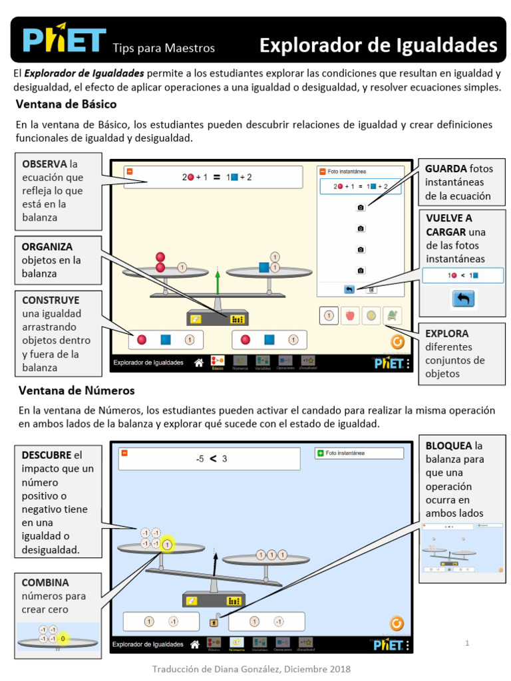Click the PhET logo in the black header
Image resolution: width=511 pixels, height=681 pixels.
point(64,40)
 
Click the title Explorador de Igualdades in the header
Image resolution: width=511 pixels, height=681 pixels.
point(378,45)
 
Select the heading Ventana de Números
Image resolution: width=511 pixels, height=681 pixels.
point(77,390)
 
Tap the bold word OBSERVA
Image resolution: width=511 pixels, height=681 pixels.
point(45,164)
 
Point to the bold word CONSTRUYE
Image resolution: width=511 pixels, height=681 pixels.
point(51,300)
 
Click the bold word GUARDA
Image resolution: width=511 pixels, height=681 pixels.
point(446,168)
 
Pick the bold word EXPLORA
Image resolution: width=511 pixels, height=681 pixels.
point(446,333)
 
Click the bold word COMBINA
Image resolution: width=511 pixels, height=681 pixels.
point(45,582)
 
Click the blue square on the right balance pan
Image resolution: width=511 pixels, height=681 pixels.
point(264,267)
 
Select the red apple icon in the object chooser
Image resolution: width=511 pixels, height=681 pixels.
point(349,316)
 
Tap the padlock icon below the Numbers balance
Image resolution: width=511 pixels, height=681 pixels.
point(214,622)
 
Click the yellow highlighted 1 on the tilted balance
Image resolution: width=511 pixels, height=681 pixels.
point(167,545)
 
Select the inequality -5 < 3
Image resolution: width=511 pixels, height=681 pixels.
point(212,458)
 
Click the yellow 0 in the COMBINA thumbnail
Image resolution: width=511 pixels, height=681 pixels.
point(63,638)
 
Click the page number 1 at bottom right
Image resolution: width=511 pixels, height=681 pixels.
point(468,643)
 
